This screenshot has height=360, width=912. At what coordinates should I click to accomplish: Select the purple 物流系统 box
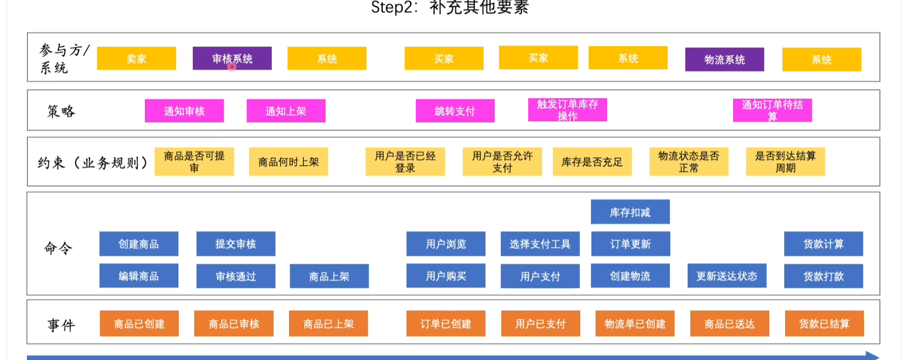tap(724, 59)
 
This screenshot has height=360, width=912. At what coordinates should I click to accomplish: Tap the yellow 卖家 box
tap(136, 58)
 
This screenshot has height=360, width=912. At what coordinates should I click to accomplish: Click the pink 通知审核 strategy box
tap(184, 111)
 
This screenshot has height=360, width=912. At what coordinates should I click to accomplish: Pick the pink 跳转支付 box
tap(455, 111)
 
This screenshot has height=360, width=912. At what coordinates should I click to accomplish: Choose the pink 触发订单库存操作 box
tap(567, 110)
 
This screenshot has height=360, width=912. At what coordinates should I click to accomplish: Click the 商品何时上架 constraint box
tap(288, 162)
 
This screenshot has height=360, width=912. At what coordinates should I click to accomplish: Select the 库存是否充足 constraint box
tap(592, 162)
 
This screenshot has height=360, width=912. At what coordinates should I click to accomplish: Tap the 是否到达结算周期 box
tap(785, 162)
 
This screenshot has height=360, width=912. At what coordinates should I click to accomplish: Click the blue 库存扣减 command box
tap(630, 212)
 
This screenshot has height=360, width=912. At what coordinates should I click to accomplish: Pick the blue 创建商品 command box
tap(138, 244)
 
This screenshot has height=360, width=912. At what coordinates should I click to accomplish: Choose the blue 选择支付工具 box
tap(540, 244)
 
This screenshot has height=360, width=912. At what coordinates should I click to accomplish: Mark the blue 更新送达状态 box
tap(727, 276)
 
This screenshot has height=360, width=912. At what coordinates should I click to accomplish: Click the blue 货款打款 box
tap(823, 276)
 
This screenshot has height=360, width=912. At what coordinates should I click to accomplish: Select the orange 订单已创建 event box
tap(445, 324)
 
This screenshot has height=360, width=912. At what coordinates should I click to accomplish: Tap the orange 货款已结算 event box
tap(824, 324)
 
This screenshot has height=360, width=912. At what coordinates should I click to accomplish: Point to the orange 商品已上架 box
tap(328, 324)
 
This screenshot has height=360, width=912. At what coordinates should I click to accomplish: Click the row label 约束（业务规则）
tap(92, 163)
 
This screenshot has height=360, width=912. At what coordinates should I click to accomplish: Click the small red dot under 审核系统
tap(232, 67)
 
